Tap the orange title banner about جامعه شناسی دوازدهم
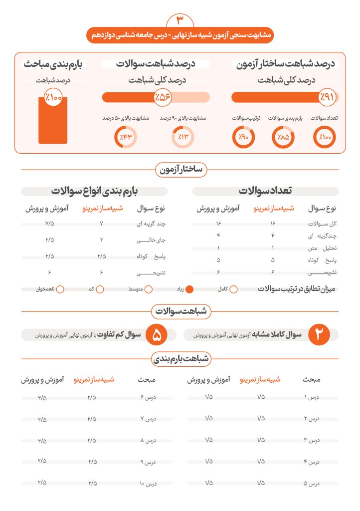tap(180, 36)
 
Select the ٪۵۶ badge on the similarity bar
tap(163, 97)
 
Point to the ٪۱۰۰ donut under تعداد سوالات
tap(325, 138)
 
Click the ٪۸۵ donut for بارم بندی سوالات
tap(283, 138)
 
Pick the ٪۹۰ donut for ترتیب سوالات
tap(243, 138)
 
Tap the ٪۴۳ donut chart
tap(125, 138)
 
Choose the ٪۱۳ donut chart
tap(182, 138)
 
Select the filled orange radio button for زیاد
tap(190, 289)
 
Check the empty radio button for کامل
tap(233, 289)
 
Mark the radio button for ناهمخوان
tap(60, 289)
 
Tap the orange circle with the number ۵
tap(156, 335)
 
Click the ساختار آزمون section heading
tap(180, 170)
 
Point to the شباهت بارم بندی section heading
tap(180, 358)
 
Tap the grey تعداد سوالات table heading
tap(265, 191)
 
